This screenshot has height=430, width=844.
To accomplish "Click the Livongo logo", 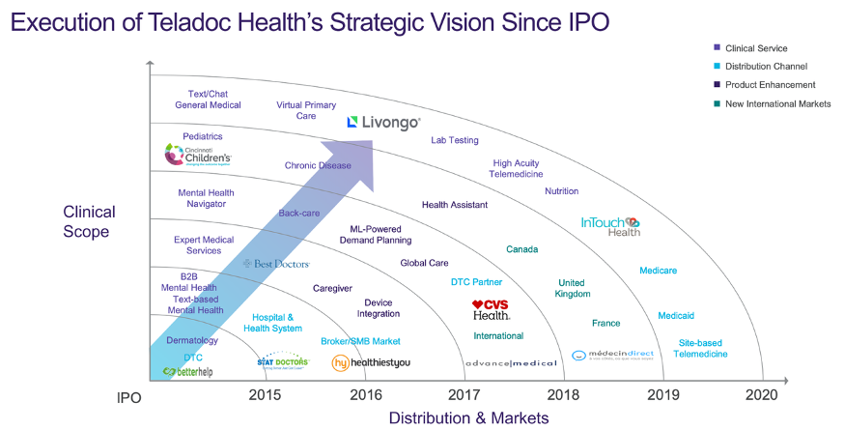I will coord(383,123).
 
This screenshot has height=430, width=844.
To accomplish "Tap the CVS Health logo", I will coord(491,309).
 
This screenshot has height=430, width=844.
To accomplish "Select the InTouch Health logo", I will coord(610,226).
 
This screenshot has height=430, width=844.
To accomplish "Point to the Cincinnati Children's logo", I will coord(198,155).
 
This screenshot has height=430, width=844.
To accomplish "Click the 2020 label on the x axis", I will coord(761,394).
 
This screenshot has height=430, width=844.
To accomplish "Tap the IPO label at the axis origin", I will coord(129,395).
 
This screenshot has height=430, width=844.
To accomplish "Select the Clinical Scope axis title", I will coord(89,221).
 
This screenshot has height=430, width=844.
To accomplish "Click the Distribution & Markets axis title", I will coord(468,417).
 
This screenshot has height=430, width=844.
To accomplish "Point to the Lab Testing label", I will coord(454,140).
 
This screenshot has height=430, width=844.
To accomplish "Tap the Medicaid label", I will coord(676,316).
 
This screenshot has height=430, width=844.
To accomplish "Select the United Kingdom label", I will coord(573,288).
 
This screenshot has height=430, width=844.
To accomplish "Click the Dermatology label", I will coord(192,340).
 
